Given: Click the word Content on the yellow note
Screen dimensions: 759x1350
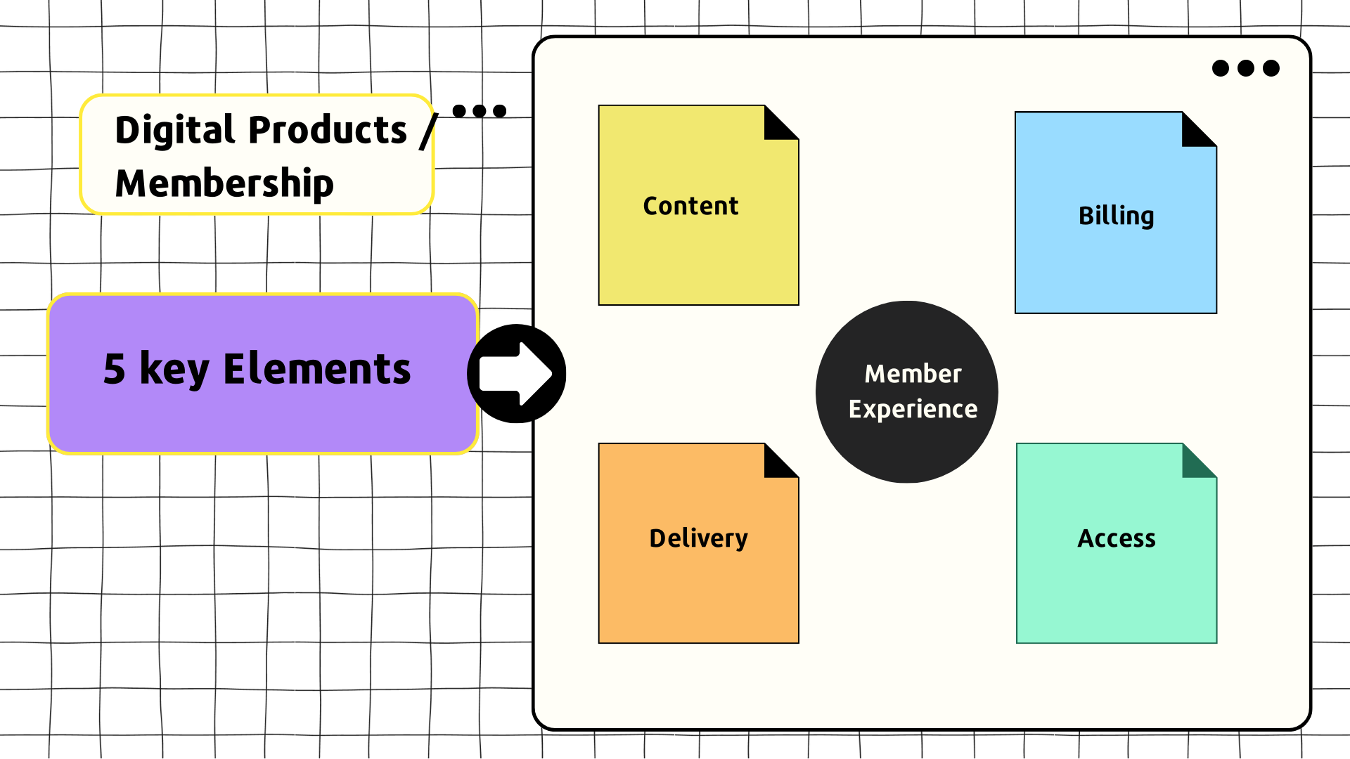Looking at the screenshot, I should click(690, 206).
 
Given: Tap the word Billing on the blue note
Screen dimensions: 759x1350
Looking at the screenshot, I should click(1116, 216).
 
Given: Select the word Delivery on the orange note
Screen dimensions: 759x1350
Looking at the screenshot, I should click(698, 538).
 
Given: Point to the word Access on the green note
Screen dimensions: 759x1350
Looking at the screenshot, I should click(1117, 538).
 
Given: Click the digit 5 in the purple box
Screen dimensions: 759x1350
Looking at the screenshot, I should click(115, 369).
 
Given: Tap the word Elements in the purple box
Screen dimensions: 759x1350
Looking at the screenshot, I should click(316, 369).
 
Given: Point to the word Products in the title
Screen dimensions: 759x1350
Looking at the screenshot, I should click(328, 130).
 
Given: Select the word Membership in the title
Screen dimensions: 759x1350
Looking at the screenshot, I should click(224, 183).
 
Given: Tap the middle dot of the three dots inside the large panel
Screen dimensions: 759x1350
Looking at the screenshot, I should click(1246, 68).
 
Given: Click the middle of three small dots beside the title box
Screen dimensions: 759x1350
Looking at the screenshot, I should click(480, 111).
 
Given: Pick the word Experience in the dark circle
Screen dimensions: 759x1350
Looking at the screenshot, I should click(913, 409).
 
